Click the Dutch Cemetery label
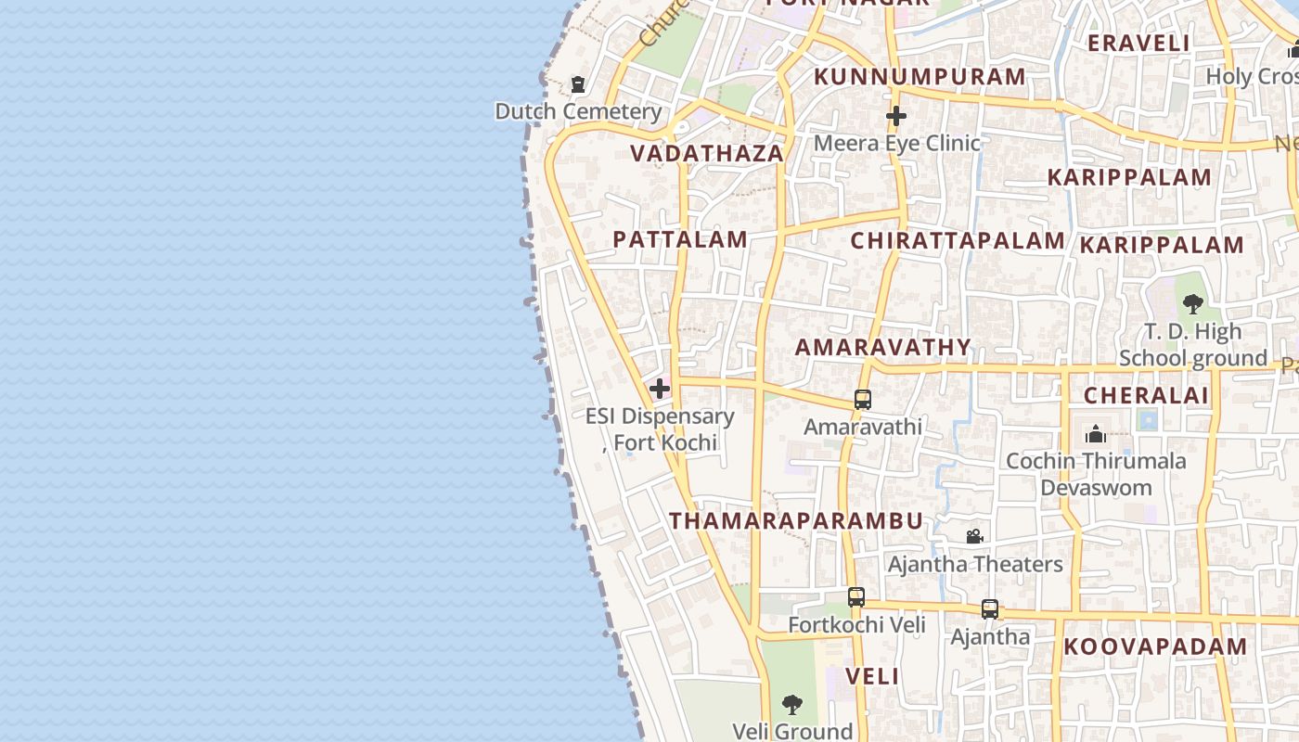[578, 112]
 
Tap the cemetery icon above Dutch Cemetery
[578, 85]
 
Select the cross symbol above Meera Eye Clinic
[895, 117]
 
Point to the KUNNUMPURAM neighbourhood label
[920, 77]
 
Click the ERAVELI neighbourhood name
[1138, 43]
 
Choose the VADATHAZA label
[708, 154]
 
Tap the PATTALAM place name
[680, 239]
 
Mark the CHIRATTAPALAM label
[958, 241]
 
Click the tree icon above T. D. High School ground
[1193, 303]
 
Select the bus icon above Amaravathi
[863, 400]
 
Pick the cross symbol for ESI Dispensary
[660, 388]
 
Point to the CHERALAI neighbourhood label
[1146, 396]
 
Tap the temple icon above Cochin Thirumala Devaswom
[1096, 434]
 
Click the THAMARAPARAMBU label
[796, 521]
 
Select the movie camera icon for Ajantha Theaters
[974, 537]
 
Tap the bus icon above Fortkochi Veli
[856, 597]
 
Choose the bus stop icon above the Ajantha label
[990, 609]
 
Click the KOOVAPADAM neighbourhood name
[1155, 647]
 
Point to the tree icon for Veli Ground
[792, 705]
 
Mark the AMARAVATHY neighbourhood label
[883, 348]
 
